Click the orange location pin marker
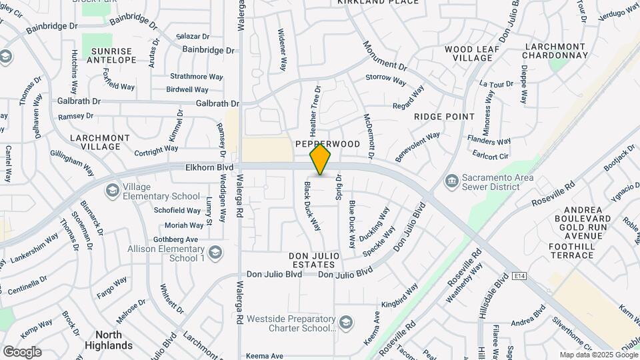[321, 159]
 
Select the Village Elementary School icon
[112, 191]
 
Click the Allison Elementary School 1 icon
[215, 253]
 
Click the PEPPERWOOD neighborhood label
[327, 144]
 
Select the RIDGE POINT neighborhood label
[444, 116]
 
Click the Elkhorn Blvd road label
[210, 167]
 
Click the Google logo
[22, 352]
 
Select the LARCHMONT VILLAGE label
[100, 142]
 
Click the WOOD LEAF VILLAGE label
[468, 53]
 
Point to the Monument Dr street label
[385, 56]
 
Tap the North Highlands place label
[109, 340]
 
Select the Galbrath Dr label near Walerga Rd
[217, 103]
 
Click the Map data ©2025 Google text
[598, 355]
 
